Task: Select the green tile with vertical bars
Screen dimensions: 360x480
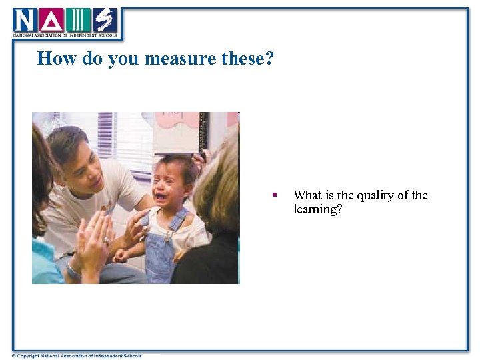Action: click(77, 20)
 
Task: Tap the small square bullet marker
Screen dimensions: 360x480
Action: click(273, 195)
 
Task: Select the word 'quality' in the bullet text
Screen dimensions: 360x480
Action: click(371, 195)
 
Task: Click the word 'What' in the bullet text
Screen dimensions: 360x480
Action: click(307, 195)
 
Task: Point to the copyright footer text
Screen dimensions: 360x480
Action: click(77, 355)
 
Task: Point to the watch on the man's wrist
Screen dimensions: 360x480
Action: click(73, 272)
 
